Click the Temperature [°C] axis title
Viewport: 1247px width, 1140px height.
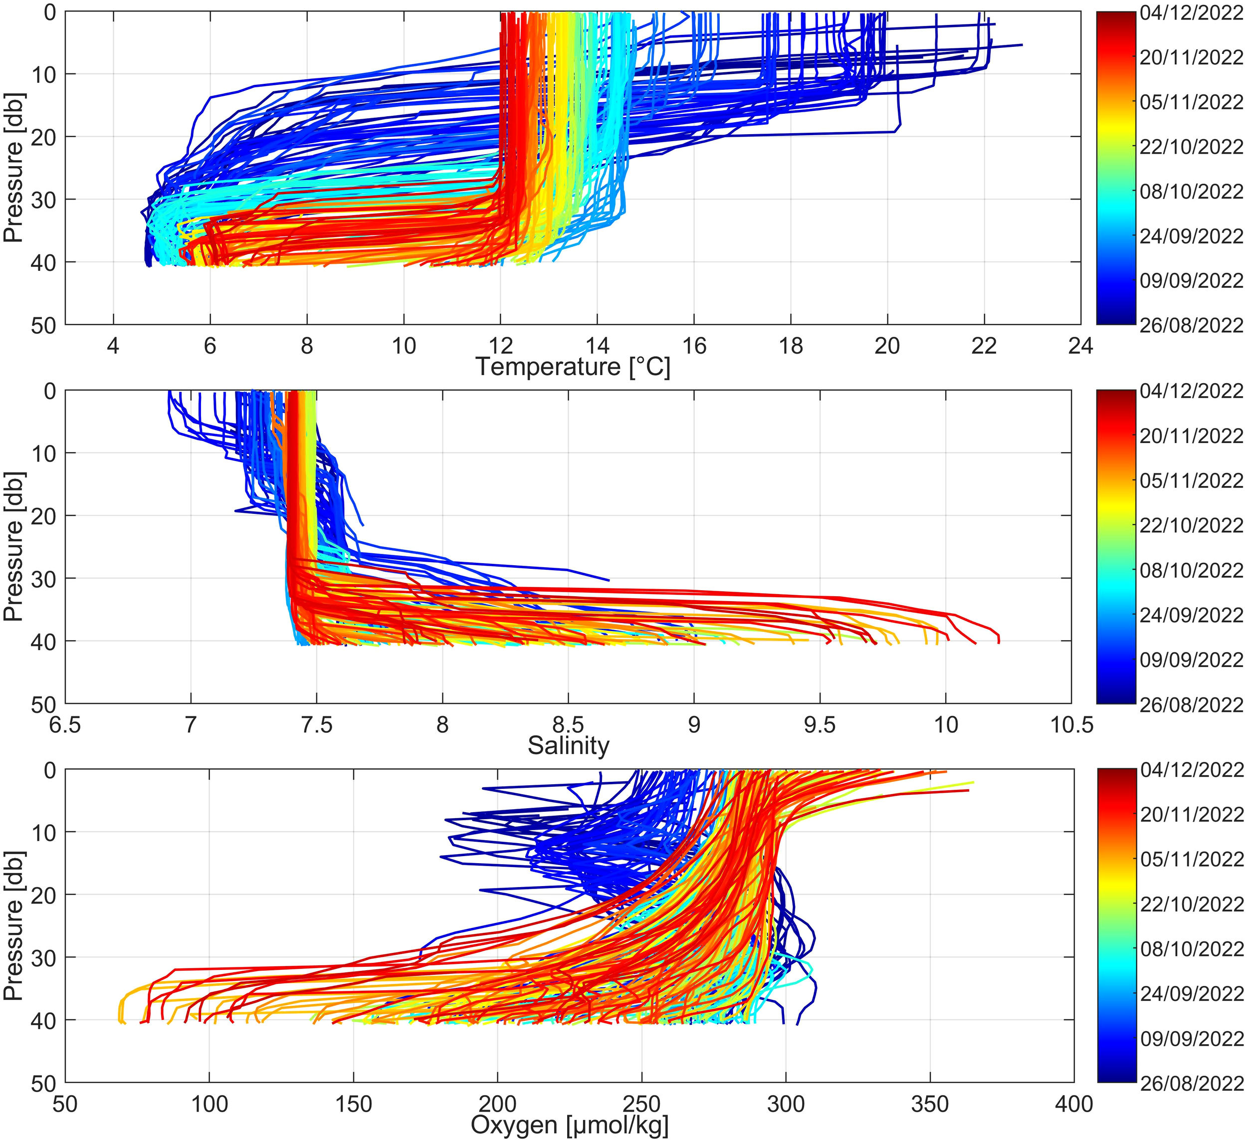click(x=572, y=367)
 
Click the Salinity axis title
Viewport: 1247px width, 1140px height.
click(x=568, y=746)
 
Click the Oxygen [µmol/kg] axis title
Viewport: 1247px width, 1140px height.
click(x=569, y=1125)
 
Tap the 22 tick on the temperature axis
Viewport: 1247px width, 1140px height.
click(x=984, y=346)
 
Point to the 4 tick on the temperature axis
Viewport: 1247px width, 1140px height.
click(x=113, y=346)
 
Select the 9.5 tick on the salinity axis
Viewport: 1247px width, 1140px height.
click(x=820, y=724)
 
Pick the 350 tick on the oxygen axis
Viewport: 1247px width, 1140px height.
click(x=930, y=1104)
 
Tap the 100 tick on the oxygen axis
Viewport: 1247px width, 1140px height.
click(x=209, y=1104)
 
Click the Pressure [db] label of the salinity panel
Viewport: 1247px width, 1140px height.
click(x=12, y=546)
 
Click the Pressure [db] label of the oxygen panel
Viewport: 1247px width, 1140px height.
click(x=12, y=925)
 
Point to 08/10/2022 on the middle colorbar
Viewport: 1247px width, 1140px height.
click(x=1191, y=570)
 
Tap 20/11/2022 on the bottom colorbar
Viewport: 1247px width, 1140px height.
click(x=1191, y=815)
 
